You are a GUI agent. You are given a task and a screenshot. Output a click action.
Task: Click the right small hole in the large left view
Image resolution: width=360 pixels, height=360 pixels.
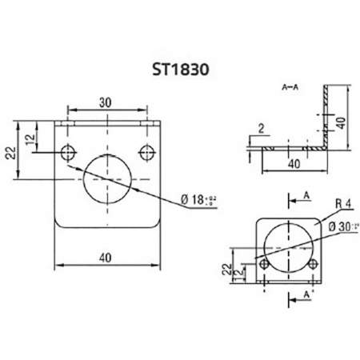pos(145,151)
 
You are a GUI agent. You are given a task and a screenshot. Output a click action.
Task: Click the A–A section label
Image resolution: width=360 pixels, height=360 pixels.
pos(290,84)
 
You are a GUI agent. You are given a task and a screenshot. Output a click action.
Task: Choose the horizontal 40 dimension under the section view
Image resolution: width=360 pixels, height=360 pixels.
pos(294,164)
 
